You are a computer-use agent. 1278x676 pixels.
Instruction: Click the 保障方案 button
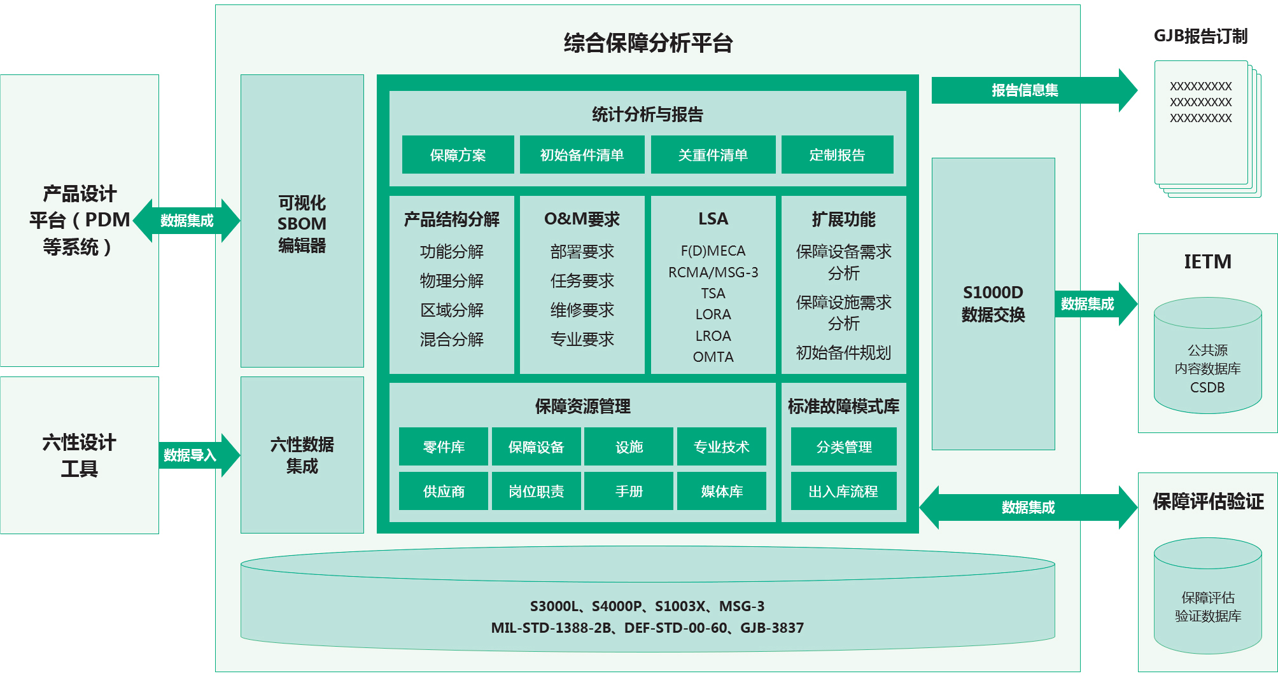point(458,155)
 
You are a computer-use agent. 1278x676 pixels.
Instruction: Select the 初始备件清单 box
point(582,155)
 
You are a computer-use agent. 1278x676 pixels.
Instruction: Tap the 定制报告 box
point(837,155)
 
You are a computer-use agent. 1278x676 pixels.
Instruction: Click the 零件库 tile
point(444,446)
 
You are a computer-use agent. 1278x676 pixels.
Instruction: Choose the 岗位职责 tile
point(536,491)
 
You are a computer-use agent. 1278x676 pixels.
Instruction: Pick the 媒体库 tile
point(722,491)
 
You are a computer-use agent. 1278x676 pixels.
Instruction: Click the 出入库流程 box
point(843,491)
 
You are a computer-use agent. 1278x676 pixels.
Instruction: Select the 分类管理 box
point(843,446)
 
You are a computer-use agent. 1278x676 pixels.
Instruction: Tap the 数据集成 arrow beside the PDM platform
point(187,221)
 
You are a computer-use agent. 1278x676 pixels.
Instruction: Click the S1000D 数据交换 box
point(993,303)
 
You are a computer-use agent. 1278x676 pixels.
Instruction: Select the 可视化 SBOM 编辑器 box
point(302,221)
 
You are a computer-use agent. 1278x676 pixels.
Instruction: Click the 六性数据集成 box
point(302,455)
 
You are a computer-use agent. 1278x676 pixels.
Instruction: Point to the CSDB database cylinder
point(1207,355)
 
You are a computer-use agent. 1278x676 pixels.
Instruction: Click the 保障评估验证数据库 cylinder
point(1207,596)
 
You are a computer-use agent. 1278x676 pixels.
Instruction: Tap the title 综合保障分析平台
point(648,43)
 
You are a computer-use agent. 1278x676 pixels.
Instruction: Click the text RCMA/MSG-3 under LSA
point(713,272)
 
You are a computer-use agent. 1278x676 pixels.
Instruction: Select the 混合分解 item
point(451,339)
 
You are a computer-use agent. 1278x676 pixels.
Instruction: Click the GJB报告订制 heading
point(1200,36)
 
